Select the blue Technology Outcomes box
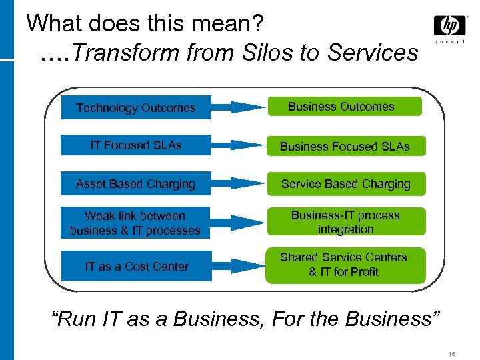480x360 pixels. [x=136, y=107]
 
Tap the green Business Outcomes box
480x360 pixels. [x=344, y=107]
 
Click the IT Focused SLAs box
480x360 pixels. [x=136, y=145]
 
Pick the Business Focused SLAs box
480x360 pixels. [x=345, y=146]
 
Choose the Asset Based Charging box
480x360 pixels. [x=136, y=184]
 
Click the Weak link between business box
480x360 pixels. [x=136, y=223]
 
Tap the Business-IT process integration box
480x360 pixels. [x=345, y=222]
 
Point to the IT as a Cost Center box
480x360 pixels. [x=136, y=267]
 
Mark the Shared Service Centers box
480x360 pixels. [x=345, y=265]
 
